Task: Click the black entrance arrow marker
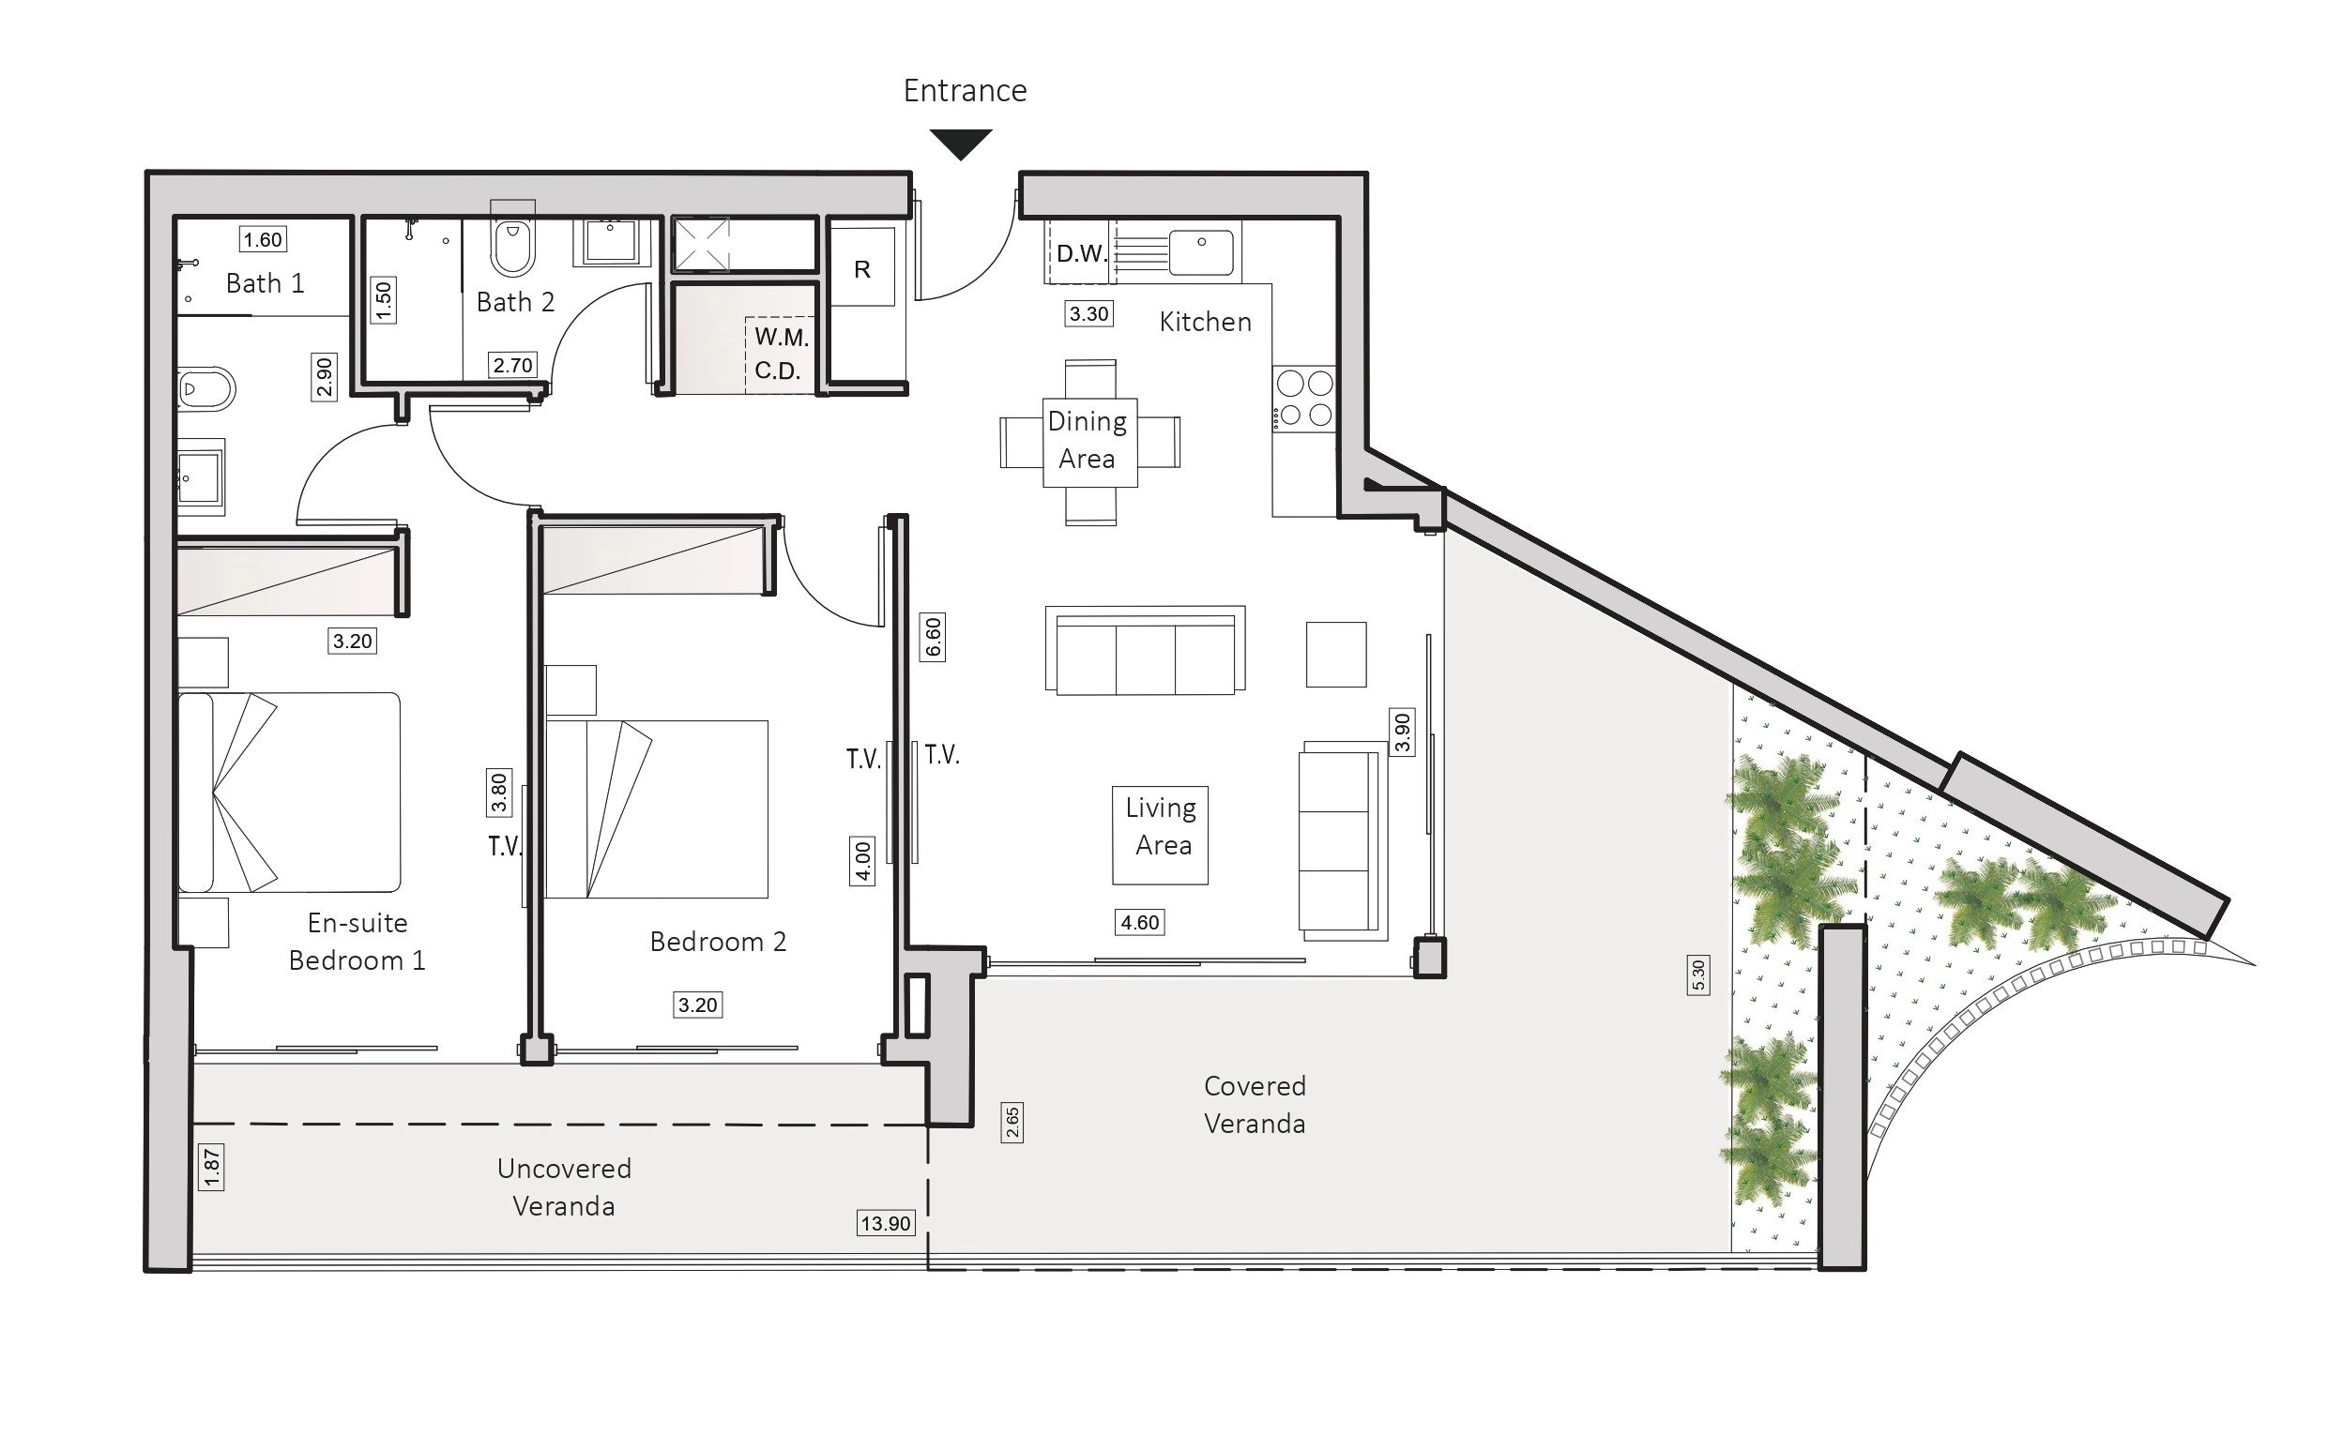click(x=961, y=143)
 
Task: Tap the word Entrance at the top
click(x=965, y=91)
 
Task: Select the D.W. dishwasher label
click(x=1082, y=253)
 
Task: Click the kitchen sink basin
click(x=1201, y=251)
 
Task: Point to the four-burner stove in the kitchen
click(x=1304, y=399)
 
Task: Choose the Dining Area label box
click(x=1089, y=443)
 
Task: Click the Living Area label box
click(x=1160, y=835)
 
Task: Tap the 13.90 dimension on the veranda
click(x=885, y=1223)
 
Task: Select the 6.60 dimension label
click(x=934, y=636)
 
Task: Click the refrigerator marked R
click(x=862, y=266)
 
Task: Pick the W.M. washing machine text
click(x=782, y=337)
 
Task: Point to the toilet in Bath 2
click(x=512, y=241)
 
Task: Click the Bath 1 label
click(x=265, y=283)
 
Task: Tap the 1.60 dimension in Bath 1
click(x=263, y=239)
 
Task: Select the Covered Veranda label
click(x=1255, y=1105)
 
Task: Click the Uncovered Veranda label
click(x=564, y=1187)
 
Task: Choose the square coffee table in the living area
click(x=1336, y=654)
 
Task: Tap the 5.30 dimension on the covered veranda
click(x=1698, y=974)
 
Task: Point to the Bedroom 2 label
click(x=718, y=942)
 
